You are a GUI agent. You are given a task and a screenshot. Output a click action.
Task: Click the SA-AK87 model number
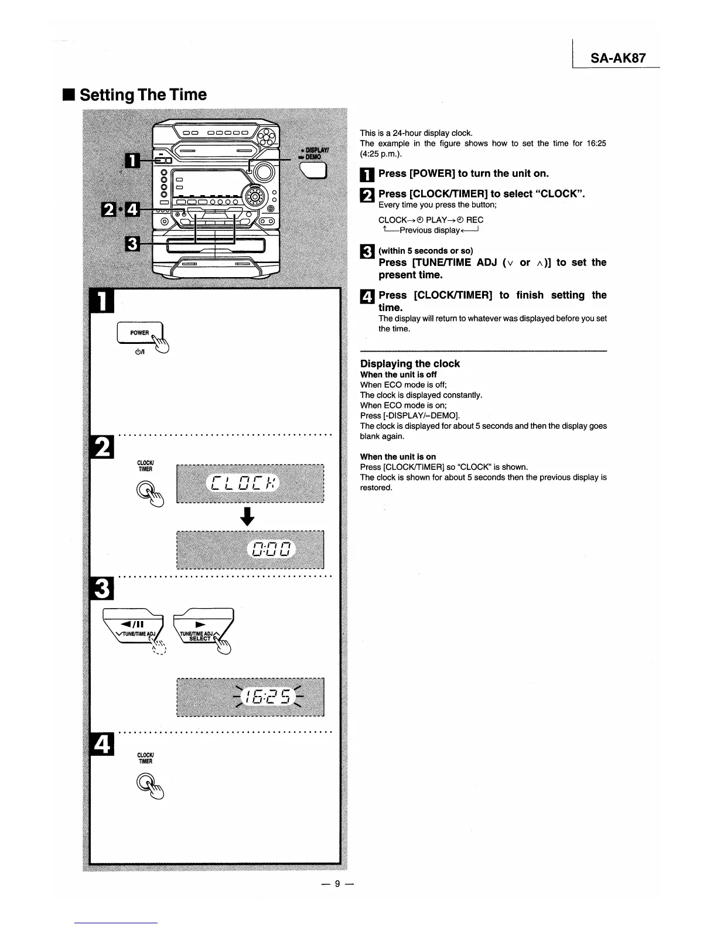pos(618,58)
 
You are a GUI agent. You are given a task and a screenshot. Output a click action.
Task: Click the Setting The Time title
pos(143,95)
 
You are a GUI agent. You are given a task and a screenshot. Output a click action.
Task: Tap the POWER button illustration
pos(139,333)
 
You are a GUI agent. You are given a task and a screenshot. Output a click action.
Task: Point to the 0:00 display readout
pos(271,549)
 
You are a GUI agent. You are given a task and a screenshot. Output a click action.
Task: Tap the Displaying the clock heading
pos(409,364)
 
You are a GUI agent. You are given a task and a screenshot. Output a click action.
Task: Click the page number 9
pos(337,884)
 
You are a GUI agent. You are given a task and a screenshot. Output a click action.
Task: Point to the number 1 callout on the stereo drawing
pos(132,159)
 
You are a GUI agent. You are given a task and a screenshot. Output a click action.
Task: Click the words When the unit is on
pos(398,456)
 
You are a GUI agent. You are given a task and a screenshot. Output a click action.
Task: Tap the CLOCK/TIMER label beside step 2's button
pos(145,466)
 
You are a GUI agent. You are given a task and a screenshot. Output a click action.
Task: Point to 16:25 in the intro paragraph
pos(596,144)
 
